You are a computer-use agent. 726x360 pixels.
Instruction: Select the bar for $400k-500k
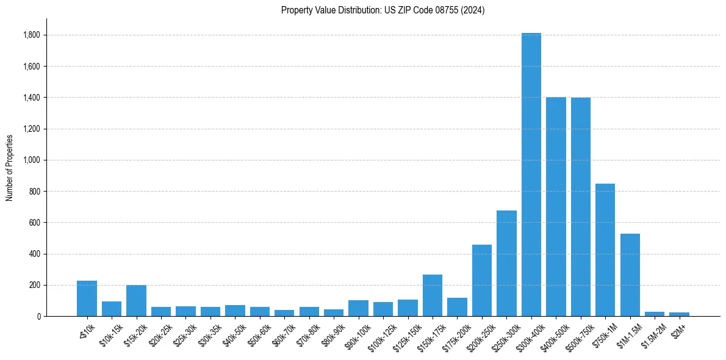click(x=556, y=207)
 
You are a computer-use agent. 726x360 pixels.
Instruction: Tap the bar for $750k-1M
click(x=605, y=250)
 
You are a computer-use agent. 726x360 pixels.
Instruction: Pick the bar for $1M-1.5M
click(x=630, y=275)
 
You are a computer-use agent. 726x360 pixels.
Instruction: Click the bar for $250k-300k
click(x=506, y=263)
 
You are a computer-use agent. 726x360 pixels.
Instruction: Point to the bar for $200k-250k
click(x=482, y=280)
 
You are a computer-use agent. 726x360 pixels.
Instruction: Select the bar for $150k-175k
click(x=433, y=295)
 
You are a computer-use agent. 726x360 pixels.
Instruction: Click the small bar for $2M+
click(x=680, y=314)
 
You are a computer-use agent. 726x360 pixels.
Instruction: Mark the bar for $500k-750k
click(x=581, y=207)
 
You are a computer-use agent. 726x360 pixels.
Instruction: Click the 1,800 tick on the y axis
click(x=32, y=35)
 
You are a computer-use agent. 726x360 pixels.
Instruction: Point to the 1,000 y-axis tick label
click(x=32, y=160)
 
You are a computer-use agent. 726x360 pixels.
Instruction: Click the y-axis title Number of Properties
click(x=10, y=168)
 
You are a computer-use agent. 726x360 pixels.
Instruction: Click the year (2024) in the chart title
click(x=473, y=10)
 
